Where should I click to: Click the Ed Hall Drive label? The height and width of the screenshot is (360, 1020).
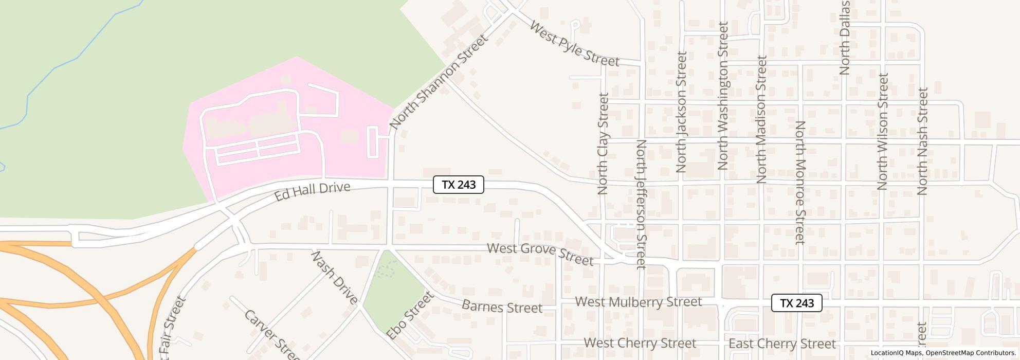click(312, 191)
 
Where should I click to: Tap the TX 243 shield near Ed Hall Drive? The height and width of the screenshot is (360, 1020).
click(459, 185)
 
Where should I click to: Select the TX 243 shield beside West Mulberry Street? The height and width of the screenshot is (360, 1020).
click(796, 303)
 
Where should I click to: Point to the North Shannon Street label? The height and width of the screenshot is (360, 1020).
click(438, 82)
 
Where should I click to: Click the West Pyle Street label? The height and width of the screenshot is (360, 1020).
click(574, 44)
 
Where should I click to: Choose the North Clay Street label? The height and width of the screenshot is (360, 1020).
click(603, 143)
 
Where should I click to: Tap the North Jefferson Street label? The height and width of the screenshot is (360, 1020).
click(641, 204)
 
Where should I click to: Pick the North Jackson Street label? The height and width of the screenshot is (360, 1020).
click(682, 112)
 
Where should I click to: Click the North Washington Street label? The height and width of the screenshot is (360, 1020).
click(723, 96)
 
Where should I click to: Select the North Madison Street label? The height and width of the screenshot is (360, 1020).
click(761, 119)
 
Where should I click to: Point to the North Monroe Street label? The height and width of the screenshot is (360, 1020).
click(800, 183)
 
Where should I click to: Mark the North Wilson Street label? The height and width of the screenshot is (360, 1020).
click(883, 131)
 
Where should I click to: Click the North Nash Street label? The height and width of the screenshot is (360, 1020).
click(922, 141)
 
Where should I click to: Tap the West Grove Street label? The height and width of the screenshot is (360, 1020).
click(540, 254)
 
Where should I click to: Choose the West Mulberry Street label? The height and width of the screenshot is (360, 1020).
click(638, 302)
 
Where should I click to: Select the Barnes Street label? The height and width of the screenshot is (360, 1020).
click(502, 307)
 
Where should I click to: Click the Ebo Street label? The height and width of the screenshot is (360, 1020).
click(409, 316)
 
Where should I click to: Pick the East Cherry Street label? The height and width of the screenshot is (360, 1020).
click(782, 344)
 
